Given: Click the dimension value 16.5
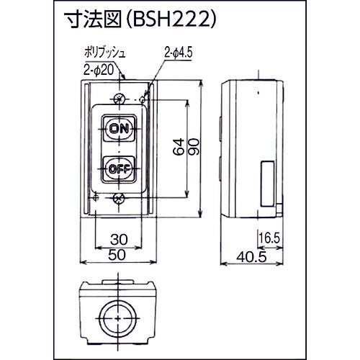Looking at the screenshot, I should click(x=268, y=235).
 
